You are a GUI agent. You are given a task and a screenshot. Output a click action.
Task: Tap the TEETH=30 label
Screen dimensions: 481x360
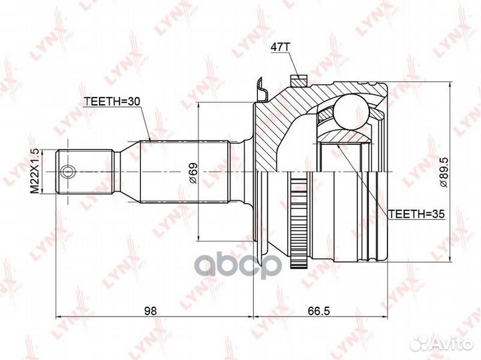pyautogui.click(x=112, y=101)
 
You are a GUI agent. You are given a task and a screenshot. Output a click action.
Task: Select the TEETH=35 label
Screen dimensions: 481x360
pyautogui.click(x=416, y=214)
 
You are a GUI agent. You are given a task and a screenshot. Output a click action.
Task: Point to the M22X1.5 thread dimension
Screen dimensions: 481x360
pyautogui.click(x=35, y=171)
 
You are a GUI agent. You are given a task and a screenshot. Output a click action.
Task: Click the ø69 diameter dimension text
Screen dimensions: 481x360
pyautogui.click(x=194, y=172)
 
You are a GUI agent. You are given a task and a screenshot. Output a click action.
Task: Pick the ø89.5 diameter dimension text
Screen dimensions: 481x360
pyautogui.click(x=444, y=172)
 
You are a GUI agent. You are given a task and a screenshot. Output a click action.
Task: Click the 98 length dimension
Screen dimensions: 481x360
pyautogui.click(x=150, y=311)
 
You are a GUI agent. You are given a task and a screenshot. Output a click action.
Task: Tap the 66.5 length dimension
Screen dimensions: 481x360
pyautogui.click(x=319, y=311)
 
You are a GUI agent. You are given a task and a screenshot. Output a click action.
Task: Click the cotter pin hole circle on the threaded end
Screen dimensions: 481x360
pyautogui.click(x=67, y=172)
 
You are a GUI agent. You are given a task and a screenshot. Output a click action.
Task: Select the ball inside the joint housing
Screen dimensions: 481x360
pyautogui.click(x=351, y=112)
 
